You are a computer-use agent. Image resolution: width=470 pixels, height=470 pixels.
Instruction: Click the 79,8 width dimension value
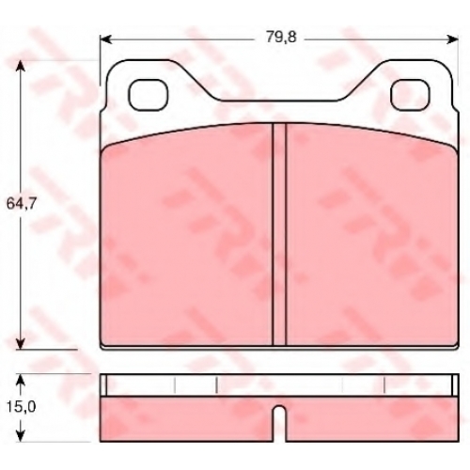[x=281, y=38]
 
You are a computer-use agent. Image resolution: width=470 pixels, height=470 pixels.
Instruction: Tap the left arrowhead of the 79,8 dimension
[x=106, y=39]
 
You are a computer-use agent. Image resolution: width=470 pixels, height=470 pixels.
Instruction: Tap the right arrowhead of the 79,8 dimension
[x=452, y=39]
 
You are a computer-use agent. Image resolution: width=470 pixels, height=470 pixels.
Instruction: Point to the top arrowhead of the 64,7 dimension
[x=21, y=67]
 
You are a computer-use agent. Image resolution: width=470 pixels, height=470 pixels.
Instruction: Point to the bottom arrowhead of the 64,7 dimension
[x=21, y=342]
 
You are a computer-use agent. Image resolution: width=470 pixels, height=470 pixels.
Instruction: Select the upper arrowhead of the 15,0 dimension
[x=21, y=380]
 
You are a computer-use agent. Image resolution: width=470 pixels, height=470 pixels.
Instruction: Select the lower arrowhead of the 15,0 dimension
[x=21, y=435]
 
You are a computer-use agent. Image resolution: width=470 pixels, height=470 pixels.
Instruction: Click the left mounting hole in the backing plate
[x=148, y=95]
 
